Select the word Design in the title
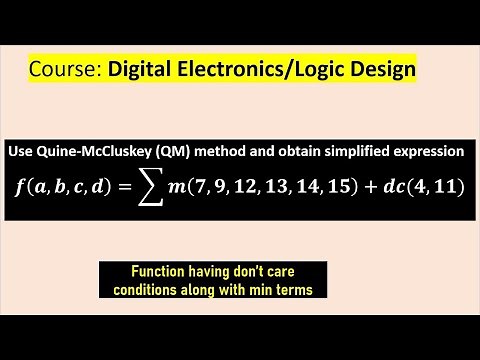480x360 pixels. (377, 71)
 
